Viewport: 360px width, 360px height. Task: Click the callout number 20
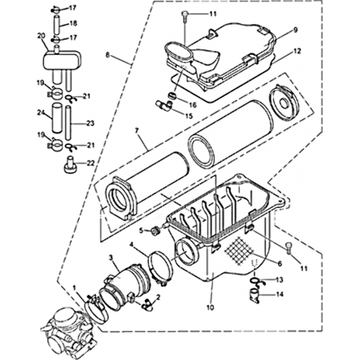coord(41,36)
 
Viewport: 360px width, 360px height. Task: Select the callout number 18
coord(73,23)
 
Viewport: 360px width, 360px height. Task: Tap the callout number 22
coord(91,162)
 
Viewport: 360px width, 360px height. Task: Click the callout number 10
coord(210,307)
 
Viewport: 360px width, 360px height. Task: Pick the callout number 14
coord(280,294)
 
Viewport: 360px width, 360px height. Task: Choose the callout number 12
coord(297,51)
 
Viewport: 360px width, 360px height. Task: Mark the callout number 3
coord(111,257)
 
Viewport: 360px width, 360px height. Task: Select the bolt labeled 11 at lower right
coord(289,248)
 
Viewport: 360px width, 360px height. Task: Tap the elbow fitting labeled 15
coord(164,104)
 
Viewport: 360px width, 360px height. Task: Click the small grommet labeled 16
coord(173,96)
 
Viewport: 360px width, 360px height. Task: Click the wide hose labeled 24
coord(57,118)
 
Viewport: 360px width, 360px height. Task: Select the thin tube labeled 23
coord(68,123)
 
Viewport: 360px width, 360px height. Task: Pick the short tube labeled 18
coord(58,25)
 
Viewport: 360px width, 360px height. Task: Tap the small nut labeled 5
coord(155,231)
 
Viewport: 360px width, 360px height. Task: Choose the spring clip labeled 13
coord(256,282)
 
